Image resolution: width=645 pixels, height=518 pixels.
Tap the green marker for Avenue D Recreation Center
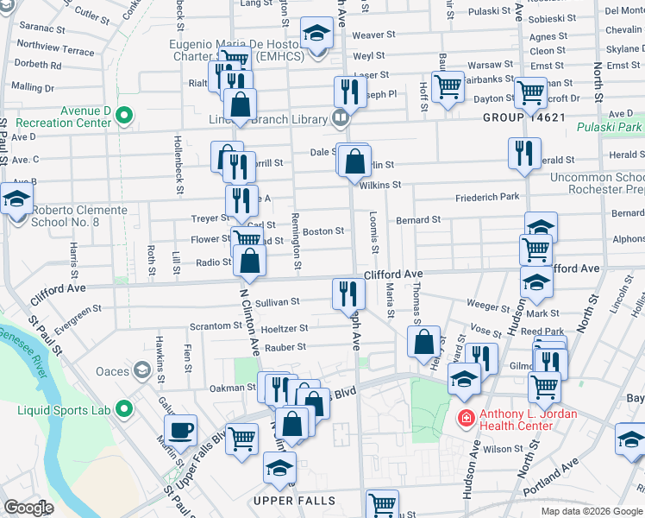click(124, 114)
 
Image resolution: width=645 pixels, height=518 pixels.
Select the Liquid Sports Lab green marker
click(124, 408)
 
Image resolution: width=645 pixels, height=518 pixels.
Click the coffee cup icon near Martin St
click(181, 430)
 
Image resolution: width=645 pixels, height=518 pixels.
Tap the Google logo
click(28, 508)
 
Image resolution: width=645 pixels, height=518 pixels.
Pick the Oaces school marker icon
click(141, 371)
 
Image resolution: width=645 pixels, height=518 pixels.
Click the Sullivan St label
click(277, 302)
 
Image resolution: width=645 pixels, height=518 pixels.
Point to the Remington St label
click(295, 240)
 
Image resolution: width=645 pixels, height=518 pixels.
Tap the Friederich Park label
click(488, 197)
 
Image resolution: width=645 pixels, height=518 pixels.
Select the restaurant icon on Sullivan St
click(348, 294)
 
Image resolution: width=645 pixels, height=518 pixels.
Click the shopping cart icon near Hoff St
click(448, 86)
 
